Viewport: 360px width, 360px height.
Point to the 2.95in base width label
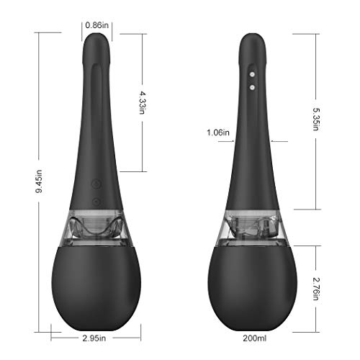[94, 337]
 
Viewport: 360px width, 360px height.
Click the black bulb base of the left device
[96, 284]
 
